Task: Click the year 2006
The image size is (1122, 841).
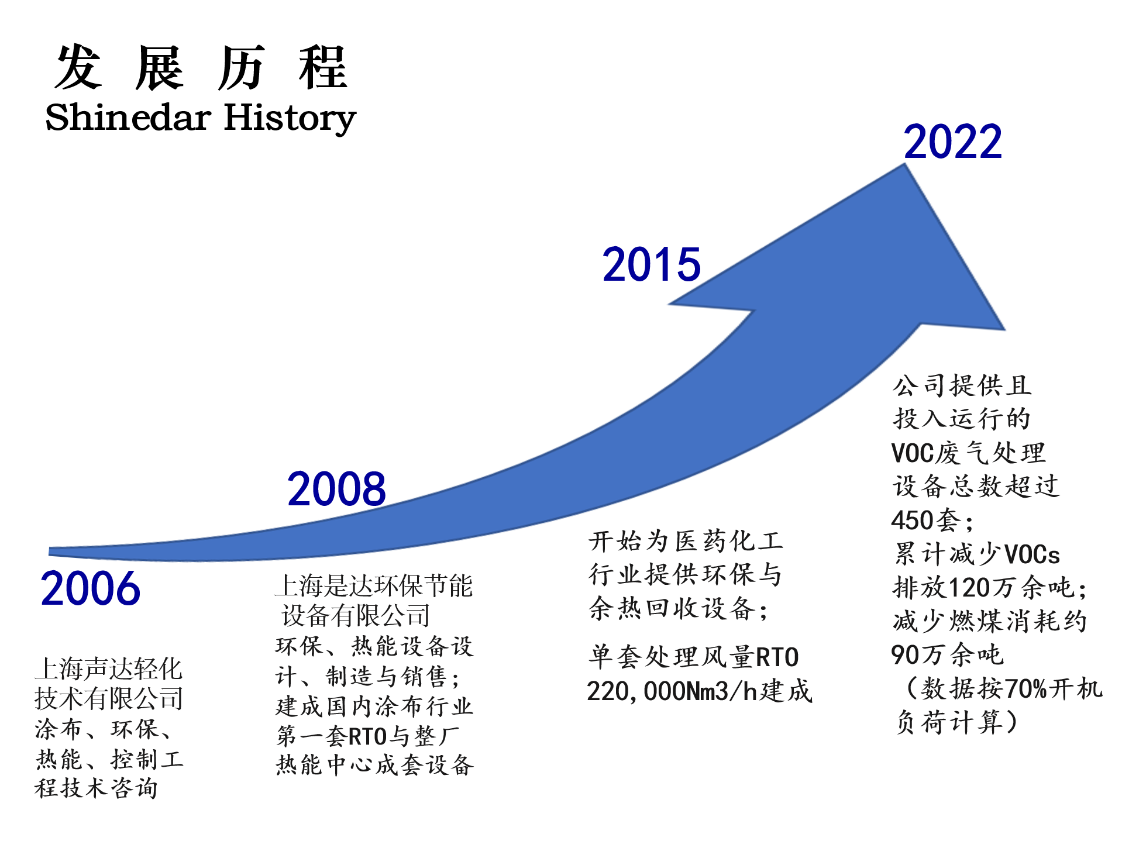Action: coord(91,588)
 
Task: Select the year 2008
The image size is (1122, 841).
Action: coord(336,489)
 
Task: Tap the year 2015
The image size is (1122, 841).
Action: coord(651,264)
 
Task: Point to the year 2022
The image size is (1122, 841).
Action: coord(953,142)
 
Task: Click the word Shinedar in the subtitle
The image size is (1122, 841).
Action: coord(128,117)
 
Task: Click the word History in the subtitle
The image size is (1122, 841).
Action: coord(290,119)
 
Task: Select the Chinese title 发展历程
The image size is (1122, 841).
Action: coord(201,68)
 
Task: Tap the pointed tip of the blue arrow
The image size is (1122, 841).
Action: coord(905,164)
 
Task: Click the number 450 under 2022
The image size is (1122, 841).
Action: coord(912,520)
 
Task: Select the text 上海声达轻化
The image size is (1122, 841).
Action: coord(109,668)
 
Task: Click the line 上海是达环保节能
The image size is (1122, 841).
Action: coord(374,585)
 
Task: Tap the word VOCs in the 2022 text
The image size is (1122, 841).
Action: coord(1032,554)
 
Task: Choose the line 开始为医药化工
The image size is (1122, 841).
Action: coord(685,541)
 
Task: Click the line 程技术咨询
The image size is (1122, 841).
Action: coord(97,788)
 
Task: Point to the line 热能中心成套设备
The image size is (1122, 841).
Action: coord(374,764)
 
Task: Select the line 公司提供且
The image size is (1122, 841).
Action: coord(962,385)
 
